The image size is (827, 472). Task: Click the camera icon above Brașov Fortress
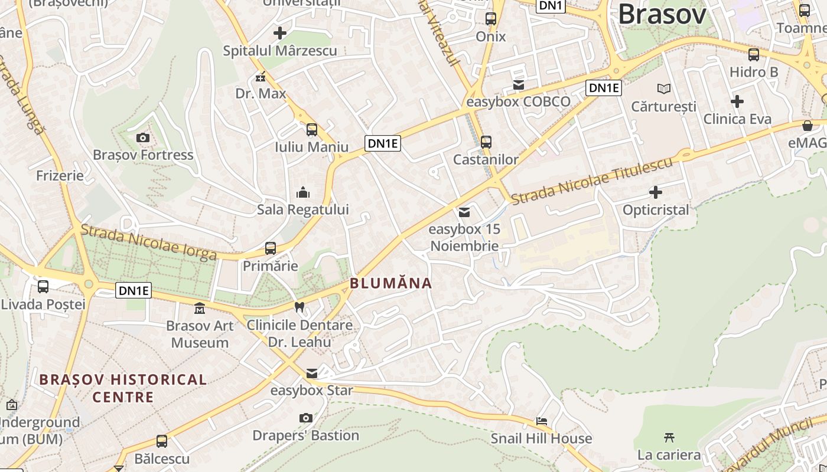click(x=142, y=138)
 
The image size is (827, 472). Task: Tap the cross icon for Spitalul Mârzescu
click(x=280, y=33)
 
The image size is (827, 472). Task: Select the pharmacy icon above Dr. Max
click(x=261, y=77)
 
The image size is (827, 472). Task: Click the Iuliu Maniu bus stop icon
click(x=311, y=130)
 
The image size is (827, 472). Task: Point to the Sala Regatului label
click(x=302, y=209)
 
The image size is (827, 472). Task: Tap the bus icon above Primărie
click(x=271, y=248)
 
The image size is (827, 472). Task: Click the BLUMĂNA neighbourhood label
click(x=390, y=283)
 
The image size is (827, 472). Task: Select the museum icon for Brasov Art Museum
click(x=200, y=308)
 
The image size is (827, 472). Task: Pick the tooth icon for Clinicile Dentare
click(x=299, y=307)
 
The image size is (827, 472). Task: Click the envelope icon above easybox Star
click(x=312, y=373)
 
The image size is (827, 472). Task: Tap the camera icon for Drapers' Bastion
click(x=305, y=418)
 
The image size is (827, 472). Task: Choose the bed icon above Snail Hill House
click(x=541, y=421)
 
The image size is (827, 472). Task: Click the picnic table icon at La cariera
click(x=669, y=438)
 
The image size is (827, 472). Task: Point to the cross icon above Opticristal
click(x=655, y=192)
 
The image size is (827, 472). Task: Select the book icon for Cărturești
click(x=664, y=89)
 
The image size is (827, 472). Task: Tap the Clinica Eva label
click(x=737, y=119)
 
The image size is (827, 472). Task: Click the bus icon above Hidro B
click(x=754, y=55)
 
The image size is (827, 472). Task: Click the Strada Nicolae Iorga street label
click(x=149, y=242)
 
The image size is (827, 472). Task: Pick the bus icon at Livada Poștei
click(x=43, y=287)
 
